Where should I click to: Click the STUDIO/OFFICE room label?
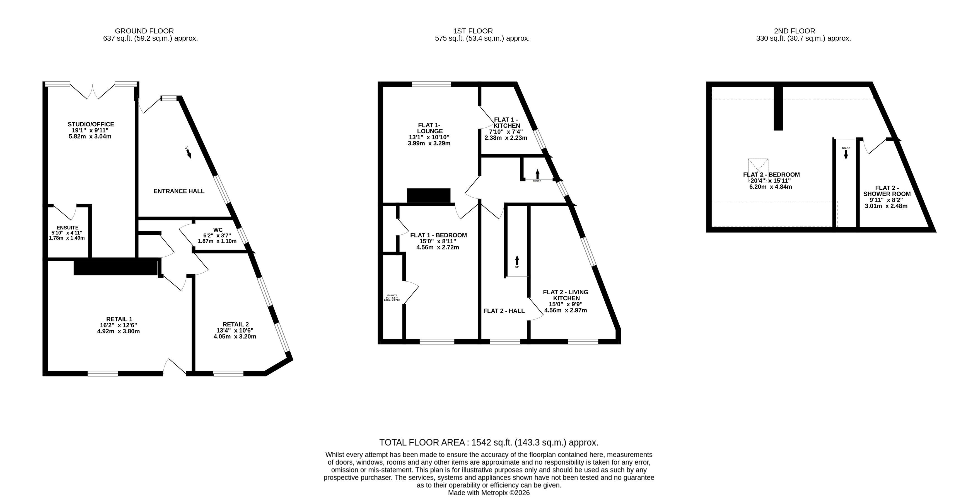[x=91, y=124]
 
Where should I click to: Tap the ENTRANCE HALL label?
[x=179, y=191]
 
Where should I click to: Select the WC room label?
[x=218, y=230]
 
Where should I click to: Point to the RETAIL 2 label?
[x=235, y=324]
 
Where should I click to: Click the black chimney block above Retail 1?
[x=115, y=267]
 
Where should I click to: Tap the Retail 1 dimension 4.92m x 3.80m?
[x=119, y=331]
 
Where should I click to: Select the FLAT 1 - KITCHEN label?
[x=506, y=123]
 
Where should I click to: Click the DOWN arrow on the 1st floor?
[x=537, y=174]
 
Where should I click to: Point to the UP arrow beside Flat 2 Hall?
[x=517, y=261]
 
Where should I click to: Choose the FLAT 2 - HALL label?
[x=504, y=311]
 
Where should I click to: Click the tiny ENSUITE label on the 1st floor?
[x=392, y=295]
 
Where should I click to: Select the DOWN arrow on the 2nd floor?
[x=846, y=154]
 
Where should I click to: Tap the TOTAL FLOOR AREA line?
[x=489, y=443]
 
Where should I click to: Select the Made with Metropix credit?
[x=489, y=493]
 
